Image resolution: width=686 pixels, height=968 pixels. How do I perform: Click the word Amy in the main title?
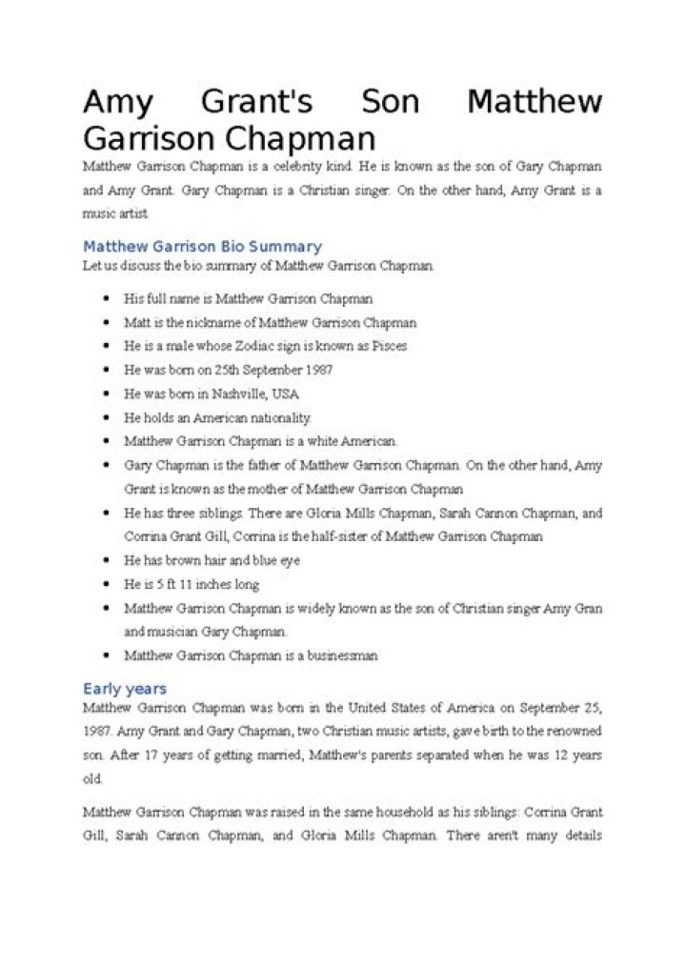[111, 101]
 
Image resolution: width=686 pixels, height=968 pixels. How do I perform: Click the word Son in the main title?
[391, 101]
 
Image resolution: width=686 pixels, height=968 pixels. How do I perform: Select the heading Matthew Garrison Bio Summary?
[202, 247]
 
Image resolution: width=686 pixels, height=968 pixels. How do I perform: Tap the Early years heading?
[125, 688]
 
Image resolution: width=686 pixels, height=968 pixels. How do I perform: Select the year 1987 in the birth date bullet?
[315, 370]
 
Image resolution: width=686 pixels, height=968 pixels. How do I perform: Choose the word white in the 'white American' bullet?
[313, 442]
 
